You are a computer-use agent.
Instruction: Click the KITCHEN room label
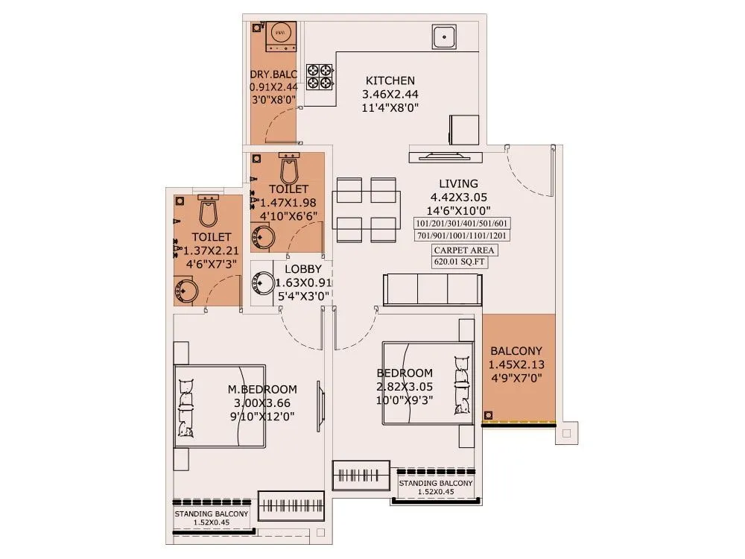point(390,80)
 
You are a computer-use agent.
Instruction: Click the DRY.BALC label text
point(273,74)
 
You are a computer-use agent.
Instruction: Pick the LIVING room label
point(458,183)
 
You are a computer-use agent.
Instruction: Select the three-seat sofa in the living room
point(433,289)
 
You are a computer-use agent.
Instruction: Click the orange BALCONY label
point(516,351)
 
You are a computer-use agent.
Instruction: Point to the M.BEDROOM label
point(262,389)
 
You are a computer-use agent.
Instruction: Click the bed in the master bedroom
point(220,406)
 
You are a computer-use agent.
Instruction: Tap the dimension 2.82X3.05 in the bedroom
point(405,386)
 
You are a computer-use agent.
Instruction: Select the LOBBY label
point(303,269)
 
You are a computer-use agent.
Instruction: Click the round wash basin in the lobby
point(264,283)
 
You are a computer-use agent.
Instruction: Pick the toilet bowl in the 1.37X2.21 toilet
point(209,212)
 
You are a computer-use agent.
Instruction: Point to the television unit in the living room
point(446,155)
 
